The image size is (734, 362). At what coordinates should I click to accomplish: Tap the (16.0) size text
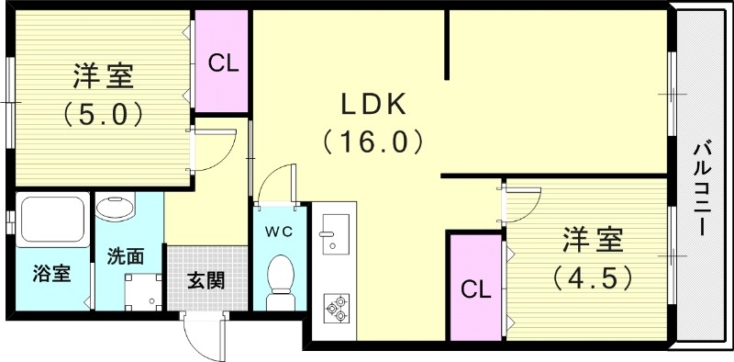[373, 141]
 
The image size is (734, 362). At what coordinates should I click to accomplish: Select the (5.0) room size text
[102, 114]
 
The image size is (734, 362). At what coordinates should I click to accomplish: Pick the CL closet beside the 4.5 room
[475, 290]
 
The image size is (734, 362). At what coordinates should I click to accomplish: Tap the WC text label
[280, 232]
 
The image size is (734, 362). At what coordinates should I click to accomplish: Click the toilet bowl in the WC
[280, 275]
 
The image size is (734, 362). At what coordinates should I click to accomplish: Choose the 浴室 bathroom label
[51, 274]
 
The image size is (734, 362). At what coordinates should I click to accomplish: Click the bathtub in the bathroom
[50, 221]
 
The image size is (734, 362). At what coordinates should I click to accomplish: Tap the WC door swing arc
[276, 183]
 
